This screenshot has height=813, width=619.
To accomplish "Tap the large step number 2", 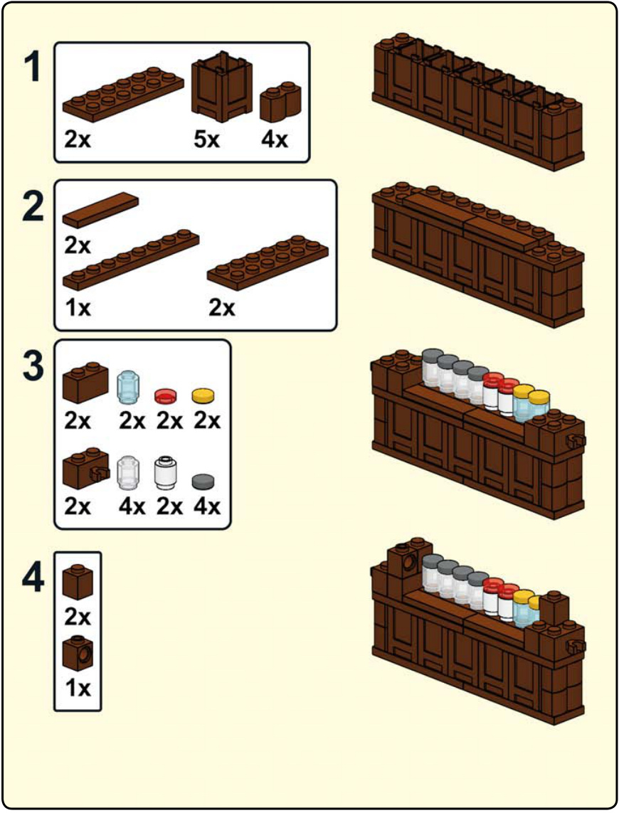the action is (33, 206).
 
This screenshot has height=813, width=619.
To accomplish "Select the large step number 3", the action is (33, 366).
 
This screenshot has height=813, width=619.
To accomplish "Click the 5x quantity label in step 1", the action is (207, 139).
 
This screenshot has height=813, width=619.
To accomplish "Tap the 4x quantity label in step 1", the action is (275, 139).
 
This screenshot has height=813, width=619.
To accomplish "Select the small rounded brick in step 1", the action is (280, 102).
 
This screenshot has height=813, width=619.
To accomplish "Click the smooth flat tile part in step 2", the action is (100, 209).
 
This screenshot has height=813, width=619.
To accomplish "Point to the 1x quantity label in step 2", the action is (78, 308).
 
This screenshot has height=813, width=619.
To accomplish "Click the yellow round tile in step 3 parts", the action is (203, 395).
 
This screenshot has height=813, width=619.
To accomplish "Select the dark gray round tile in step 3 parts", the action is (203, 482).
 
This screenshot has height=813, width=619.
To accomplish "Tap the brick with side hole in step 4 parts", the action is (78, 654).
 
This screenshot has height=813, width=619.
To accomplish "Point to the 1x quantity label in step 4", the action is (78, 688).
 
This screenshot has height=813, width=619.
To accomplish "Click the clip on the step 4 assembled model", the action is (576, 647).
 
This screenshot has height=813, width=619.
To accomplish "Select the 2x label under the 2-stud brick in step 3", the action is (78, 421).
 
